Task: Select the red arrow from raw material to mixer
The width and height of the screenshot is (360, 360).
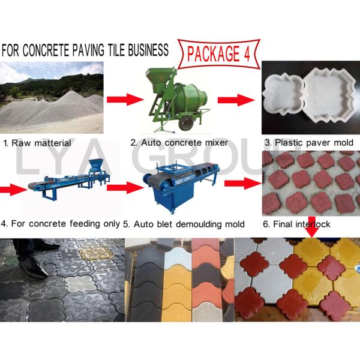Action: pos(121,98)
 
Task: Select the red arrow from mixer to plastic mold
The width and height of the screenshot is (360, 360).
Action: pos(236,100)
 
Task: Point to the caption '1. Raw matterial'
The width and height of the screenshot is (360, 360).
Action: pos(37,143)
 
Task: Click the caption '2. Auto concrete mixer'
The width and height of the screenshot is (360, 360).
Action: pos(179,143)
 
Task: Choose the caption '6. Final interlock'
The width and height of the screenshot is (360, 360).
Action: pos(296,224)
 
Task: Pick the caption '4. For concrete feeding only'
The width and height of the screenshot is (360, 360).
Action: pos(61,224)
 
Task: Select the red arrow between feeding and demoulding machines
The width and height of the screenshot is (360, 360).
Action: pos(123,187)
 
